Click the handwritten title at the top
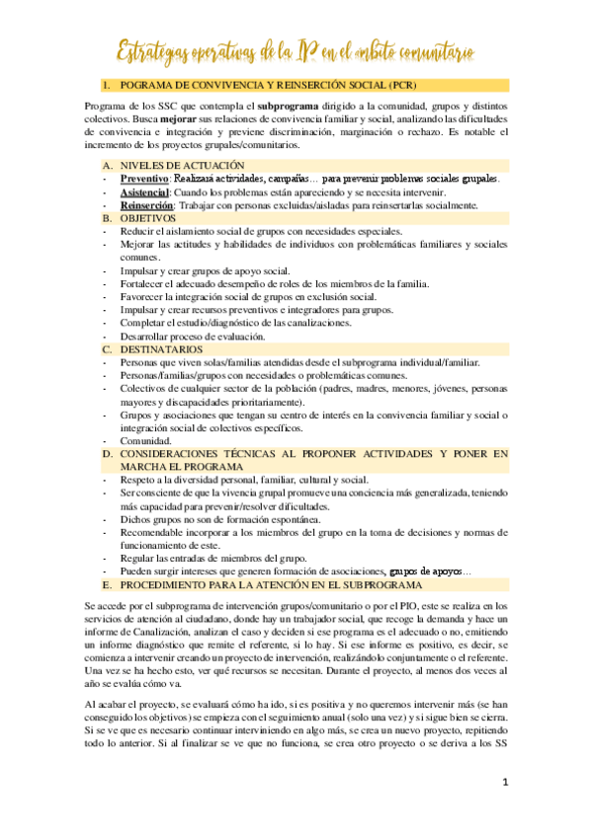click(296, 46)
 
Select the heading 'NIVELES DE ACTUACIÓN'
click(176, 165)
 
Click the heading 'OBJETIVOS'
click(148, 218)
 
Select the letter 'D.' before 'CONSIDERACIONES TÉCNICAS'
click(107, 454)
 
